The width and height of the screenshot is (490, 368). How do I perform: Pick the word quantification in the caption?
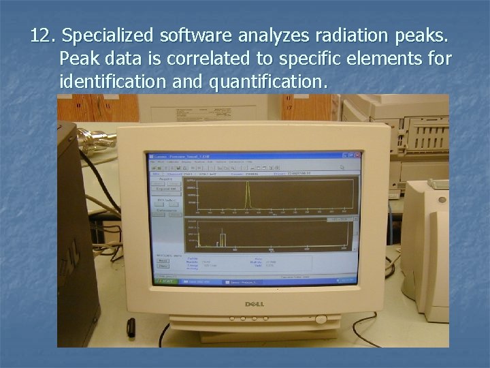tap(268, 82)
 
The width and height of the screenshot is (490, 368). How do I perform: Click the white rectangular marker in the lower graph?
tap(220, 239)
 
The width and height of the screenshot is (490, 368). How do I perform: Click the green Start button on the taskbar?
tap(165, 280)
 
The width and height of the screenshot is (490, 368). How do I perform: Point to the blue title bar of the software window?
tap(252, 156)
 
